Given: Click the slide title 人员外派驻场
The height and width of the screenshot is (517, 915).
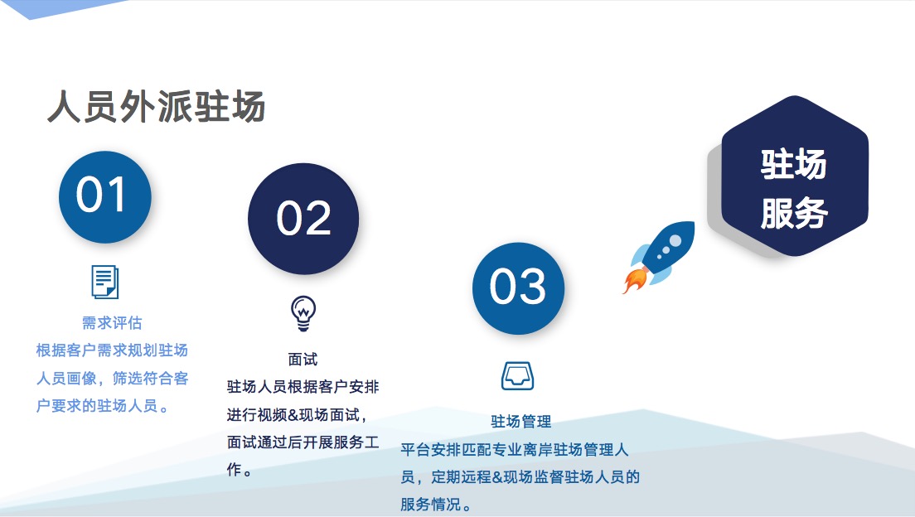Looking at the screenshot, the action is click(157, 107).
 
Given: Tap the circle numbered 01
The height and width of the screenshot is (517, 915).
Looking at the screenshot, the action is click(105, 196).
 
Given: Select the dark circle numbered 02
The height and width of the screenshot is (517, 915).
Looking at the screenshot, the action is click(303, 219).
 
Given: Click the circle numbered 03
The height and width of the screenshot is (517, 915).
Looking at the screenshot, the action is click(518, 288).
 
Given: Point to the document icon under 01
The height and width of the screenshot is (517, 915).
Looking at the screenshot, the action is click(105, 282).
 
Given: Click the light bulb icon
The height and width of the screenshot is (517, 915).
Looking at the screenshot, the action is click(303, 313).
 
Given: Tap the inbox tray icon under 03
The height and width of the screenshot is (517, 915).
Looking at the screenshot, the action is click(518, 376).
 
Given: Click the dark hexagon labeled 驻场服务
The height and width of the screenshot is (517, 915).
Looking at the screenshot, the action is click(795, 176).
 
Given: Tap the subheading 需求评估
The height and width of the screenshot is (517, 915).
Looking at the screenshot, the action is click(112, 322).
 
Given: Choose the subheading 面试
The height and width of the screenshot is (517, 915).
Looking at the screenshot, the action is click(303, 360).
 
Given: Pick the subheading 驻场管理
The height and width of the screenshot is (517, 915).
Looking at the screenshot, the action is click(521, 421).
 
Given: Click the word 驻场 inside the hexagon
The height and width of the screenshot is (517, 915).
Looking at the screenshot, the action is click(794, 164).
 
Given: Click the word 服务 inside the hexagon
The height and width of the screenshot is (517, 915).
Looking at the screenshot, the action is click(794, 213).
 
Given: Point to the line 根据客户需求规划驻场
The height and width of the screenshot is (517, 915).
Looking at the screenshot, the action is click(112, 350).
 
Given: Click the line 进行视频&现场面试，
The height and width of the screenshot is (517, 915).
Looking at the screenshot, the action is click(298, 415).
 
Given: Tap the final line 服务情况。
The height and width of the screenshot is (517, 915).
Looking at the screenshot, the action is click(436, 505).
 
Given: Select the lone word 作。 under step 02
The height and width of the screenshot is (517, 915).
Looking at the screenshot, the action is click(240, 470).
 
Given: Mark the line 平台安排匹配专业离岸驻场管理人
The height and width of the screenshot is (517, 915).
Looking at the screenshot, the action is click(514, 449).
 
